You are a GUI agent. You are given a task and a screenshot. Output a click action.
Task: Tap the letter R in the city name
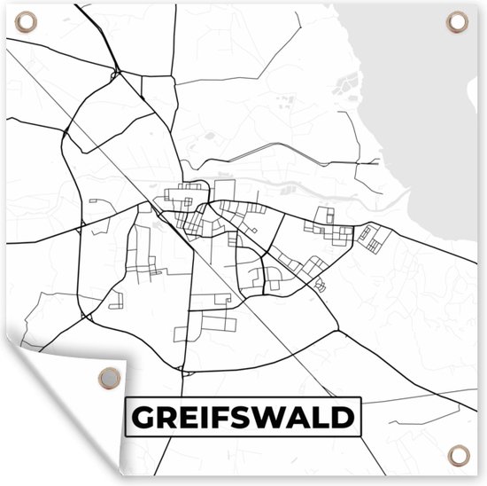pos(166,417)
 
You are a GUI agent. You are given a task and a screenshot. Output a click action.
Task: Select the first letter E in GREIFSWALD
pos(189,417)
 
